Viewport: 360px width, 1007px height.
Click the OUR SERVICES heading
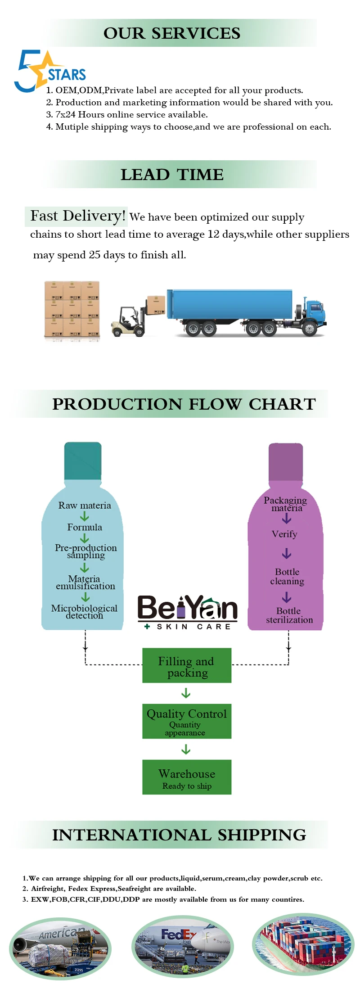coord(172,33)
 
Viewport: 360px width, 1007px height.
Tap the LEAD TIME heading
coord(172,175)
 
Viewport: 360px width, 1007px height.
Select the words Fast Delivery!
coord(77,216)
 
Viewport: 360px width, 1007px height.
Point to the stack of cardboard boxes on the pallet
coord(72,309)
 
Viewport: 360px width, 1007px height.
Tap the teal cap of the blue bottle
coord(83,461)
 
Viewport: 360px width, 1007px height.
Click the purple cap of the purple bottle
coord(286,462)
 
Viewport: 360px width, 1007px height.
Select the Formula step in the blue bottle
coord(85,527)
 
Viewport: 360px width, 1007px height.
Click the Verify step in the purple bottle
coord(284,534)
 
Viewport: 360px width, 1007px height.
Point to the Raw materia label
coord(85,506)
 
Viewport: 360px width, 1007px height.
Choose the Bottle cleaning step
coord(287,577)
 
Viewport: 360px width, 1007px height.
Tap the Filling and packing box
coord(187,666)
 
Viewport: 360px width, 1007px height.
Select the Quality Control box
coord(187,721)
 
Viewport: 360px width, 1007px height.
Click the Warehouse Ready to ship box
coord(187,777)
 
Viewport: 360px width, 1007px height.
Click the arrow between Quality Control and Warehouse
coord(186,750)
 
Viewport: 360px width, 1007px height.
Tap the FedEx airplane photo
coord(183,945)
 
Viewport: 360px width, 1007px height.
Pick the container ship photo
coord(303,944)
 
